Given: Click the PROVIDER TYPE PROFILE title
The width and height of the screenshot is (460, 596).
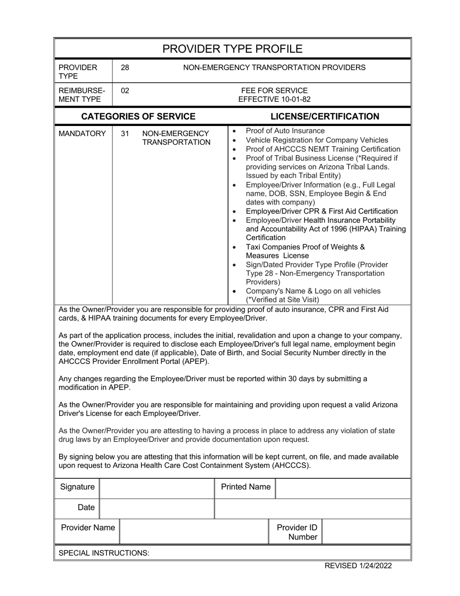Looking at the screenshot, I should click(232, 49).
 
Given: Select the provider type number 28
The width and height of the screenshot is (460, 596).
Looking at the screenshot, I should click(125, 67).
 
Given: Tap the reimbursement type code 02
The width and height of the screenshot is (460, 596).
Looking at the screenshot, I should click(125, 91).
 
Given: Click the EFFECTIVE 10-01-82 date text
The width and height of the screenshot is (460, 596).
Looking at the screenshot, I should click(274, 99).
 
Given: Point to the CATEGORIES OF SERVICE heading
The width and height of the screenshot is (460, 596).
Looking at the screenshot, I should click(138, 116).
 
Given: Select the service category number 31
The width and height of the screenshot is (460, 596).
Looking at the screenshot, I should click(125, 133).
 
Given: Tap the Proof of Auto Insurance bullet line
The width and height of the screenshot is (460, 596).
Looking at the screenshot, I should click(285, 131).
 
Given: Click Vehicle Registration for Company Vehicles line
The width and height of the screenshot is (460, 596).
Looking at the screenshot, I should click(317, 140).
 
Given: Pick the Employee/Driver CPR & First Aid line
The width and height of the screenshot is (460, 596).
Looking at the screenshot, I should click(322, 211).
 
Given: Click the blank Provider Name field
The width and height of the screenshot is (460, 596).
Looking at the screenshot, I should click(194, 532).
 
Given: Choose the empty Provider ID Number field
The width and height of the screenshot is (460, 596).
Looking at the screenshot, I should click(366, 532).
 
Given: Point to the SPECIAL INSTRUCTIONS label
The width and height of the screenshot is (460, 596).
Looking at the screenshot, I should click(104, 553).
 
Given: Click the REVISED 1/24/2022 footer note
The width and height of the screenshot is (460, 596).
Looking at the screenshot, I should click(358, 565).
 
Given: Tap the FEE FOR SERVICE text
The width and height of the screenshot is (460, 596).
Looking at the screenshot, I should click(274, 91).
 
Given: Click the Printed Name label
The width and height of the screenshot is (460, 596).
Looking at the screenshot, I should click(245, 487).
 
